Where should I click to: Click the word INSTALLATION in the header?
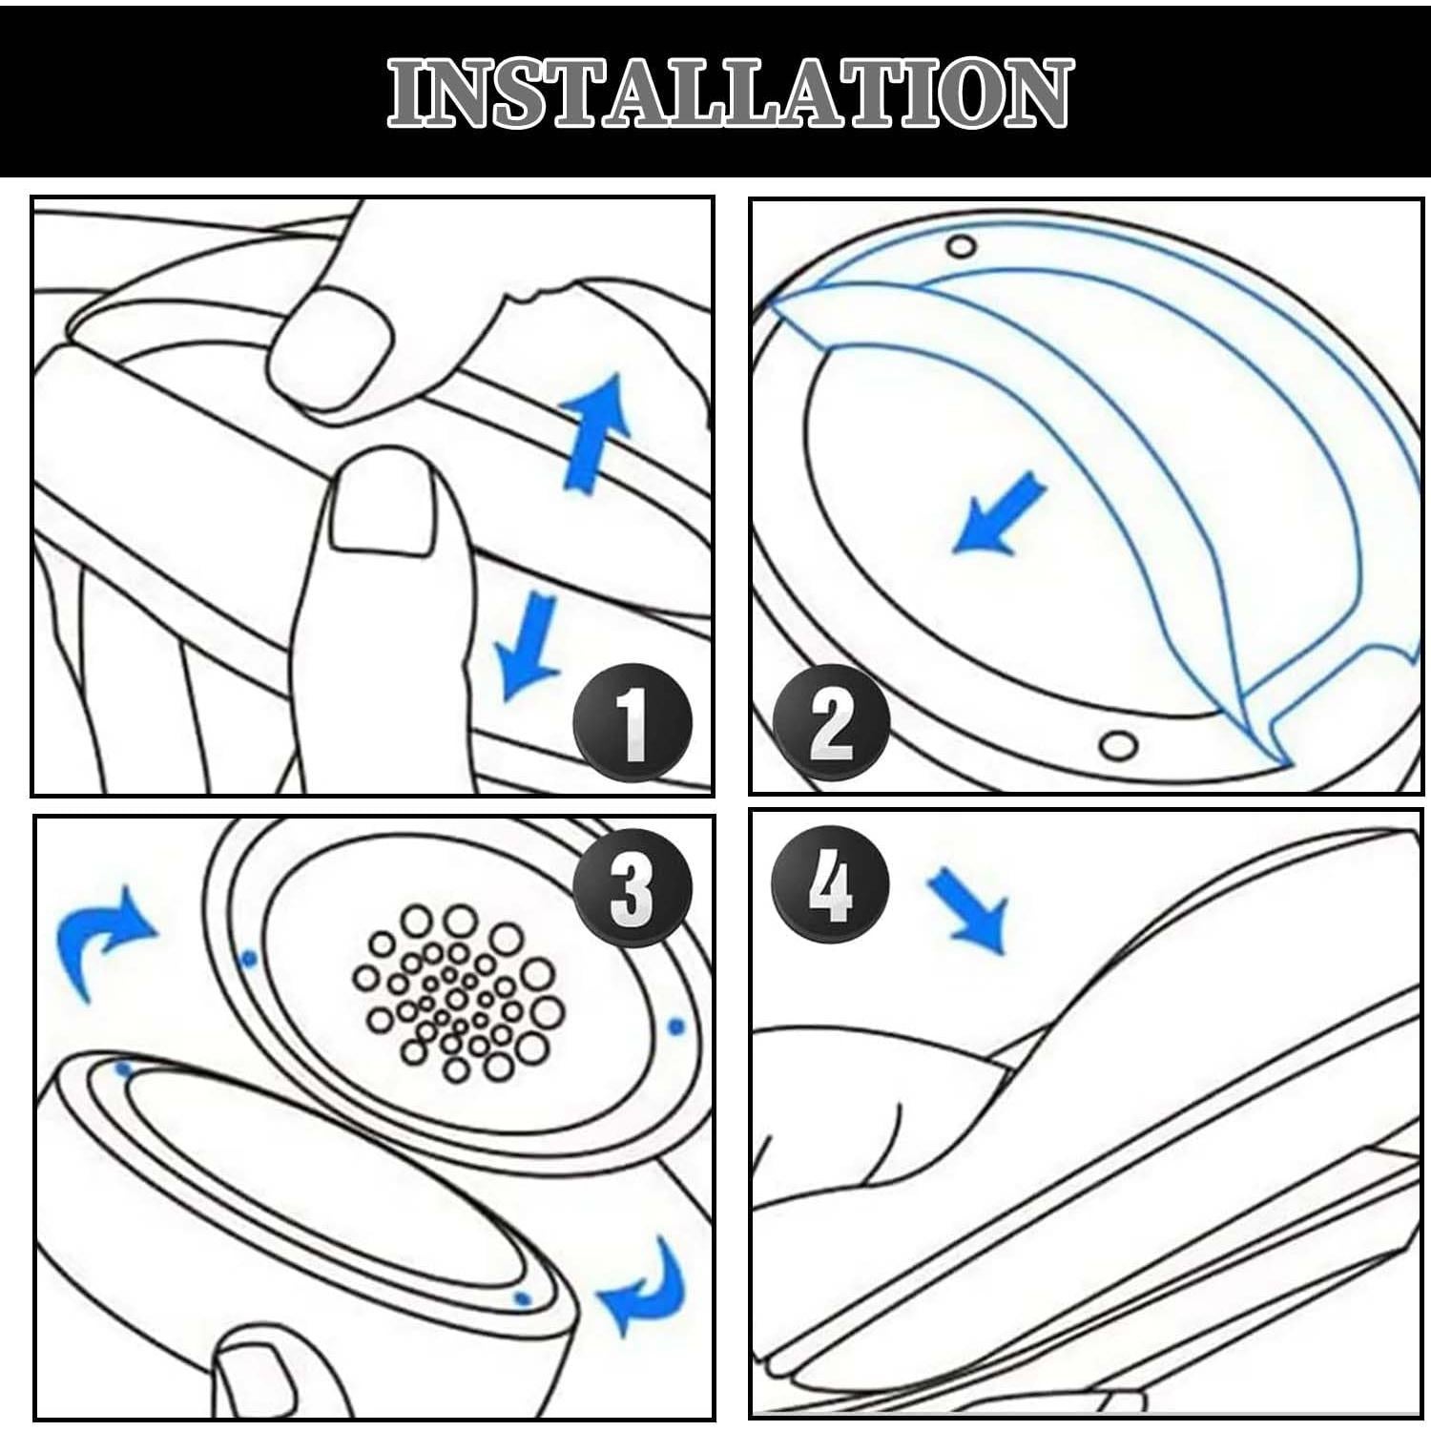tap(730, 93)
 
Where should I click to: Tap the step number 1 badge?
tap(632, 723)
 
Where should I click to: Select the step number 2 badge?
tap(830, 723)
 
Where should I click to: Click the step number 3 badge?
tap(632, 887)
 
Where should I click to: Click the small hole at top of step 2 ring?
tap(961, 246)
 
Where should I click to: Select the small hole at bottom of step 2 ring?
tap(1117, 743)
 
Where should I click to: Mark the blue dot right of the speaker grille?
tap(676, 1027)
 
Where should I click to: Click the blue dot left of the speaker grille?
tap(249, 958)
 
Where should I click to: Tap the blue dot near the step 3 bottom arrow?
tap(521, 1297)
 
